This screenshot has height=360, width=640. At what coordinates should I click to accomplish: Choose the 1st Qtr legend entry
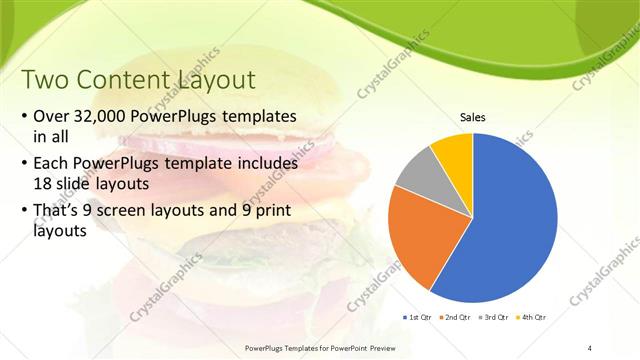coord(417,317)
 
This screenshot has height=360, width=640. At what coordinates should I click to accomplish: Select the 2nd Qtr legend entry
coord(457,317)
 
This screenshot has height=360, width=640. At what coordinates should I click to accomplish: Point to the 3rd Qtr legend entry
coord(496,317)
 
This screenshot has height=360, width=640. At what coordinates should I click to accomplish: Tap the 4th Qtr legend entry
coord(532,317)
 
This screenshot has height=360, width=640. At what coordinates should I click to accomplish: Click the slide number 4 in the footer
coord(590,347)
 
